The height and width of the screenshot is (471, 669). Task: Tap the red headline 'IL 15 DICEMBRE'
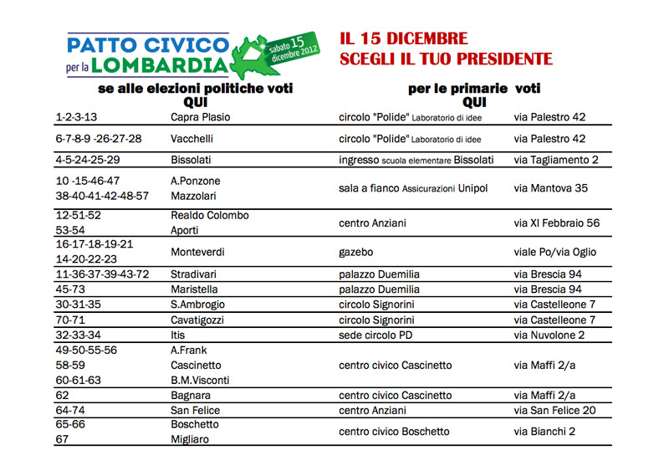(x=403, y=40)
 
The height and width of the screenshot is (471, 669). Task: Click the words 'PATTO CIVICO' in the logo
(x=147, y=44)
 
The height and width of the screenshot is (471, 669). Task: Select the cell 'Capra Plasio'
(x=200, y=117)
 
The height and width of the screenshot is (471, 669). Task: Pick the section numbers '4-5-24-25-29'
(x=88, y=160)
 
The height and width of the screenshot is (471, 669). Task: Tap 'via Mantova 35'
(x=550, y=188)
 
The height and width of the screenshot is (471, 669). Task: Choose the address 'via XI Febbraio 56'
(x=556, y=223)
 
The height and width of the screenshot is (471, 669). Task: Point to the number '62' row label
(x=62, y=395)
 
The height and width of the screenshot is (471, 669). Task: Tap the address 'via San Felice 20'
(x=554, y=410)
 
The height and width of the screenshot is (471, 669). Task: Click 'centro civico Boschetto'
(x=394, y=432)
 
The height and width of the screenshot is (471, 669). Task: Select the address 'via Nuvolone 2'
(x=549, y=335)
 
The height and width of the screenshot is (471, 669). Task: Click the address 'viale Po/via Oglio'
(x=554, y=252)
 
